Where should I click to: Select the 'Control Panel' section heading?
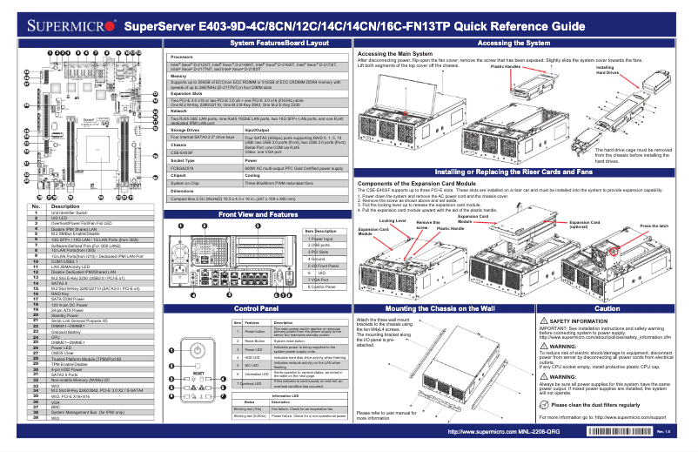click(x=256, y=308)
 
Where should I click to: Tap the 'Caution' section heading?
click(x=607, y=308)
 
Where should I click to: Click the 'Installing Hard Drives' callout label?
click(x=607, y=69)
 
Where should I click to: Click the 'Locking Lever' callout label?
click(x=393, y=221)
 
